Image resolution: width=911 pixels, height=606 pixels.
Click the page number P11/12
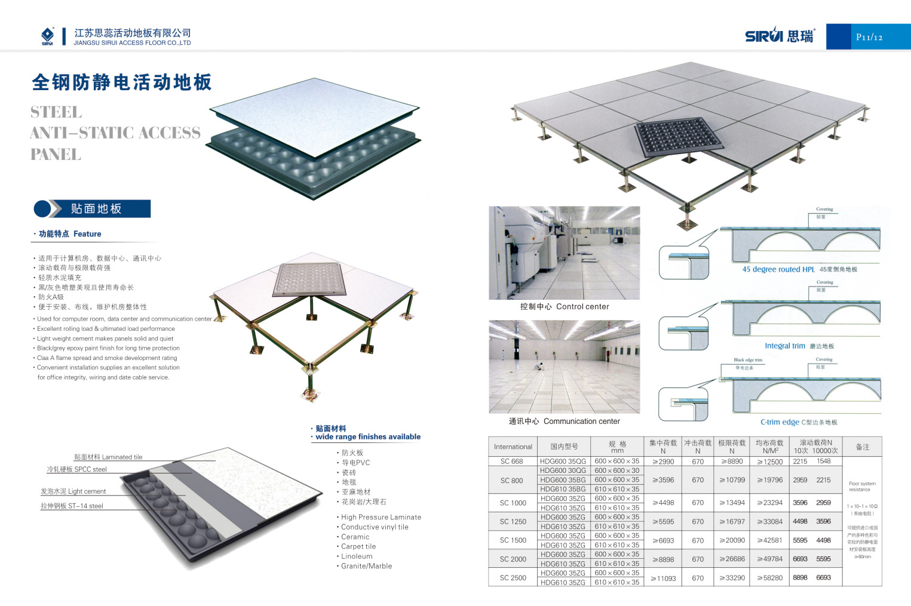point(869,37)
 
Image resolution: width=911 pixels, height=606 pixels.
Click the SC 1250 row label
point(513,521)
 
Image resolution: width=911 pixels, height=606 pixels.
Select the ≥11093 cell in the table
point(663,578)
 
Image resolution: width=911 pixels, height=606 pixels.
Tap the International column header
point(513,447)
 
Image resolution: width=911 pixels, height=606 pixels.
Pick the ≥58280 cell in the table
point(769,578)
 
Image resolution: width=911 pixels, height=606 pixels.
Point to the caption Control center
point(582,306)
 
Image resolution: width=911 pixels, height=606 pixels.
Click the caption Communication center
point(581,421)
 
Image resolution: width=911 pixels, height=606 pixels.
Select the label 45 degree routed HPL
point(778,269)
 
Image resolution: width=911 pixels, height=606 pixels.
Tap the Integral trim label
point(785,346)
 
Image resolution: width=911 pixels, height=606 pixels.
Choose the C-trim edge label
point(780,422)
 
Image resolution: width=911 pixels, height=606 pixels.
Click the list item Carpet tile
point(358,546)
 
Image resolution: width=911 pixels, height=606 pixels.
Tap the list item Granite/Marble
point(366,566)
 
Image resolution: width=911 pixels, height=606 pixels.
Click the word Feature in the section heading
point(87,234)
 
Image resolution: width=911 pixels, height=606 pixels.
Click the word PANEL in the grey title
point(56,154)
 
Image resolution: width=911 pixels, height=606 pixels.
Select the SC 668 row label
point(511,462)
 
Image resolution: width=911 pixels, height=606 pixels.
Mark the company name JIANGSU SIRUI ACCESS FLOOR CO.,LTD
point(132,43)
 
